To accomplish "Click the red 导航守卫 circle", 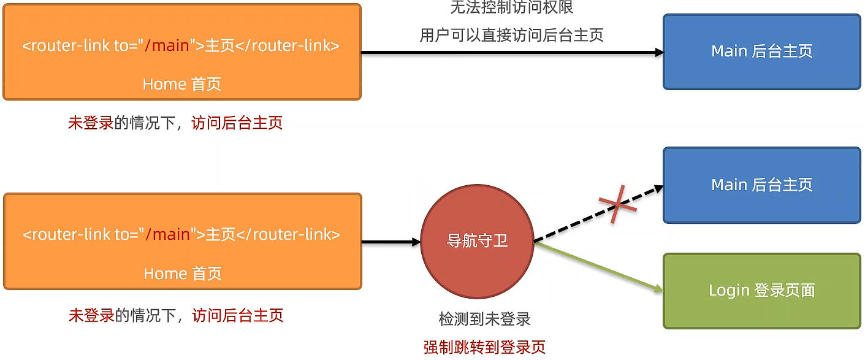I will click(x=477, y=242).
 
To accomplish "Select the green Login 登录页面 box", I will click(x=762, y=291).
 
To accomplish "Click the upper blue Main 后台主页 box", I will click(x=762, y=52).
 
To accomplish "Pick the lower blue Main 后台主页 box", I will click(x=762, y=185).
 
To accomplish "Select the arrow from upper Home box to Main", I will click(x=512, y=53).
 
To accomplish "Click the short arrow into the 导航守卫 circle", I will click(x=391, y=242).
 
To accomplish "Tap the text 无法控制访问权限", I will click(x=512, y=8).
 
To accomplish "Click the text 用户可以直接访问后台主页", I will click(x=512, y=35).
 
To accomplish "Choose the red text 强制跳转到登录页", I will click(x=484, y=347).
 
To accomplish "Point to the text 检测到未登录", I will click(x=484, y=319).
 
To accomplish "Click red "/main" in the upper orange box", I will click(x=166, y=46).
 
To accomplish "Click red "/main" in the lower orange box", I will click(x=167, y=234).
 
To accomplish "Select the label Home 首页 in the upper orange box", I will click(x=181, y=84).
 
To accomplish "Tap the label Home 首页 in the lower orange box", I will click(x=182, y=273).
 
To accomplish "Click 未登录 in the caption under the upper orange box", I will click(x=91, y=123).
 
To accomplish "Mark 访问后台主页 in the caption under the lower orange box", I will click(x=237, y=316).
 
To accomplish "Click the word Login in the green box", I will click(x=729, y=290).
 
